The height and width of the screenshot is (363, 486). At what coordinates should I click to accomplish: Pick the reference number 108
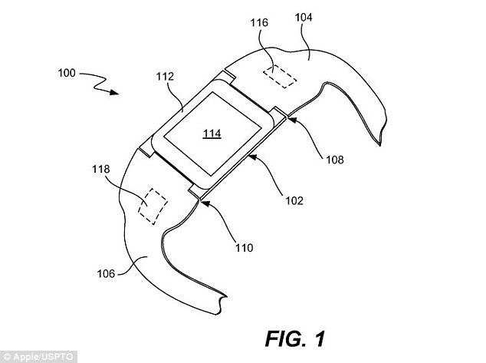[334, 160]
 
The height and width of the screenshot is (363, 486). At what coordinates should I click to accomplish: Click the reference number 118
[101, 169]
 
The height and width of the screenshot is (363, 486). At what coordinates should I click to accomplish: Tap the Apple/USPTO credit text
[27, 357]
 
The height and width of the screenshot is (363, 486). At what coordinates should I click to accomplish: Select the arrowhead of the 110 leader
[201, 198]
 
